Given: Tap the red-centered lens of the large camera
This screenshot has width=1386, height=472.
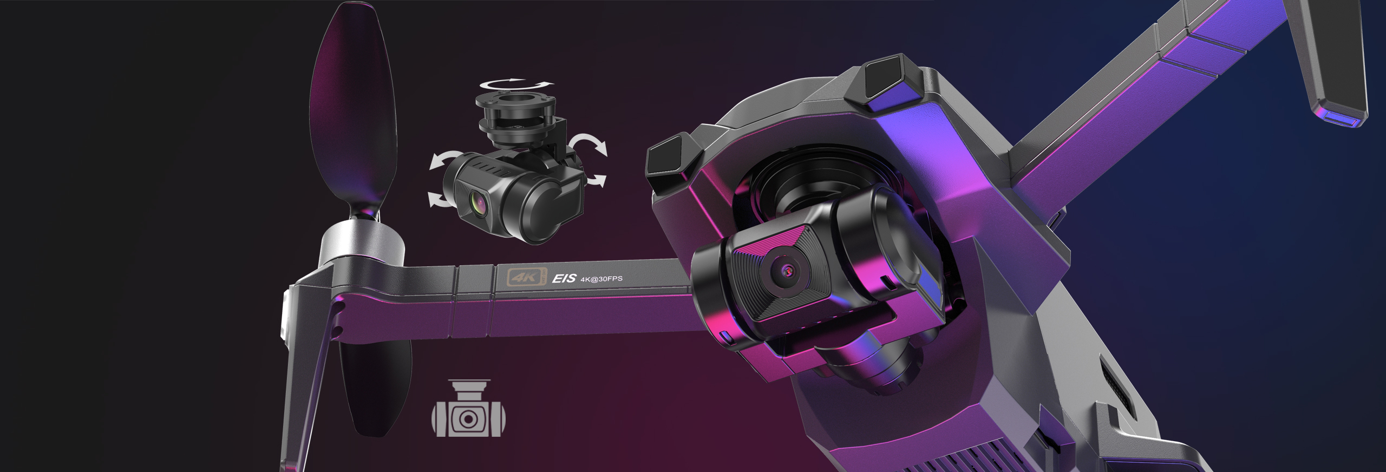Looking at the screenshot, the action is click(x=786, y=269).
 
